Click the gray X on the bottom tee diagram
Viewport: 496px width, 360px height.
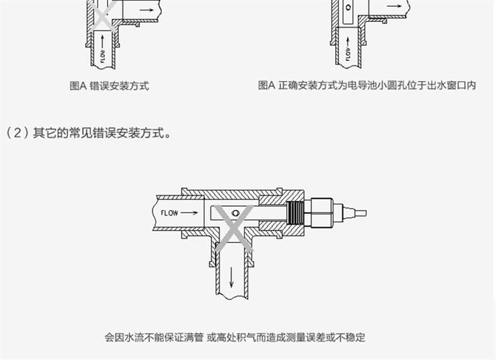234,227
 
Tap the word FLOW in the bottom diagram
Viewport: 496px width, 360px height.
170,213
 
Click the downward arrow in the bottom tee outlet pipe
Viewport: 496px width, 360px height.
231,276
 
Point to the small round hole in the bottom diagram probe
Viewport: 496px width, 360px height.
235,213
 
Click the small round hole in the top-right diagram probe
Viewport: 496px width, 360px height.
348,9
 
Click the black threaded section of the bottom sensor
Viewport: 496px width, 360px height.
294,213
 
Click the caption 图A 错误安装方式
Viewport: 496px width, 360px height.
109,86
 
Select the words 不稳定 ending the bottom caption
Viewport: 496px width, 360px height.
351,337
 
